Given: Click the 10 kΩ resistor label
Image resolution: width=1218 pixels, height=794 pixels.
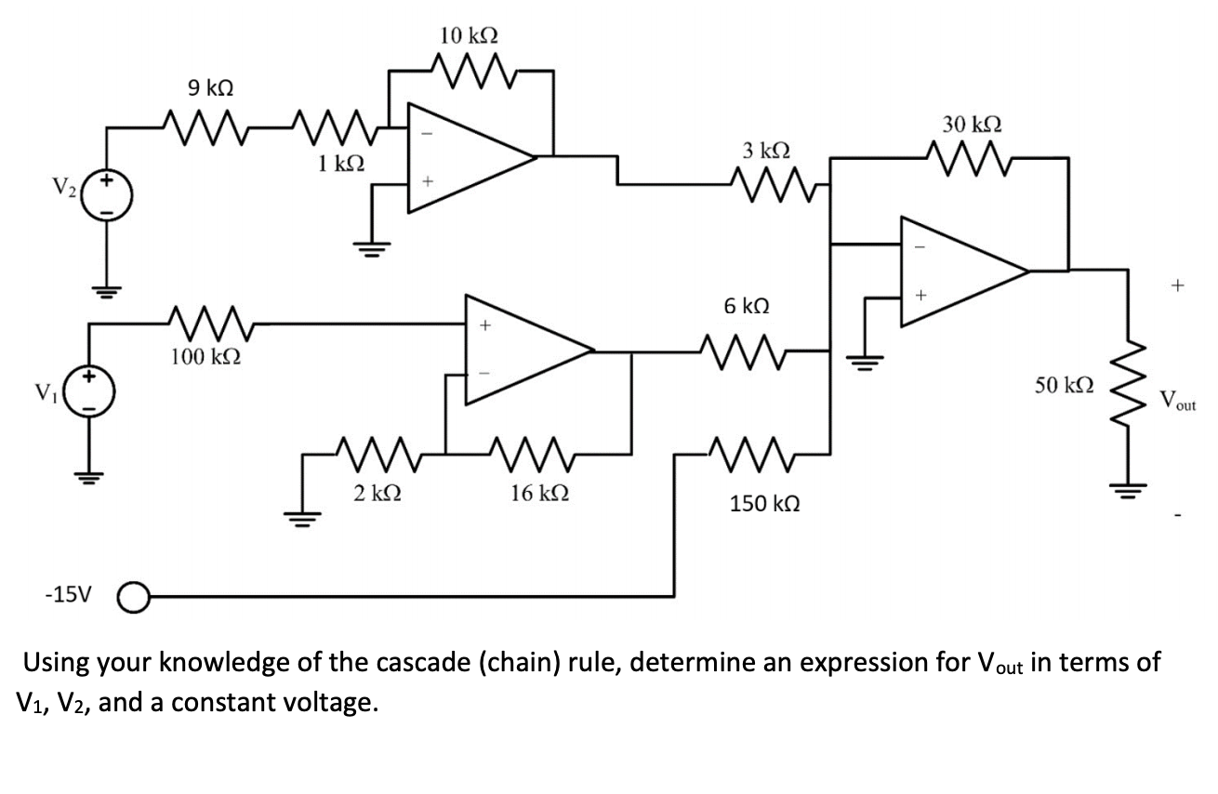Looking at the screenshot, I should click(470, 36).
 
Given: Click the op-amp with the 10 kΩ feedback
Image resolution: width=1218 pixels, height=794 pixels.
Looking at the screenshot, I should click(470, 159).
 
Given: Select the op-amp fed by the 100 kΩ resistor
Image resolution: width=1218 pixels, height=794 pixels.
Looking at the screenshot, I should click(525, 351).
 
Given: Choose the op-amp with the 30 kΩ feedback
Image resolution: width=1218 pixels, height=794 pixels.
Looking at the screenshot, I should click(962, 271).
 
